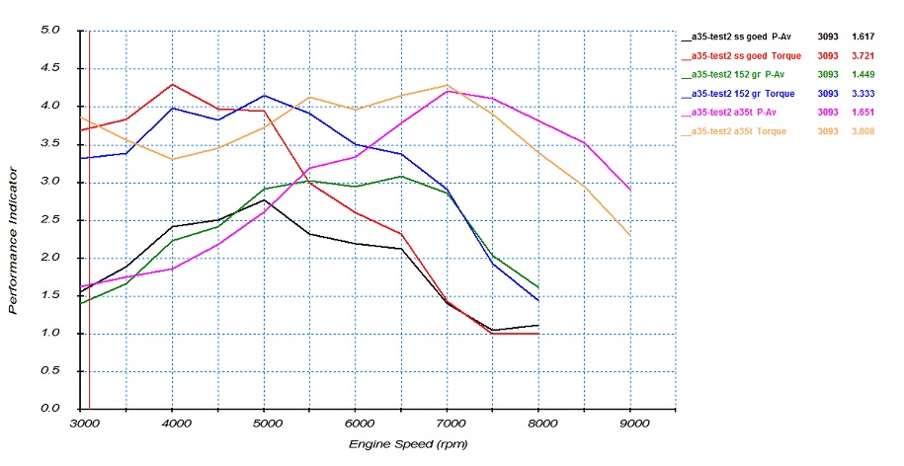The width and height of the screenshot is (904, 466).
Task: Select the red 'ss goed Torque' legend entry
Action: [745, 55]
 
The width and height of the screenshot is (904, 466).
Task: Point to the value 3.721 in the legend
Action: [865, 55]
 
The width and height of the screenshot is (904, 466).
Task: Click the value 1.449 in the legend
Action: [865, 74]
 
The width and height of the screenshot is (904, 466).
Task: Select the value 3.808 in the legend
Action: [865, 130]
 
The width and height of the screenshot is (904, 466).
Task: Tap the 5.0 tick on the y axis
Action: [49, 30]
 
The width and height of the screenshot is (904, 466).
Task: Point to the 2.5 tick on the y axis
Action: [49, 219]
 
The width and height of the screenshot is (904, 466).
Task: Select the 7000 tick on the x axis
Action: [449, 423]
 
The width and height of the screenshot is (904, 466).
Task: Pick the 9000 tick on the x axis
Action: [632, 423]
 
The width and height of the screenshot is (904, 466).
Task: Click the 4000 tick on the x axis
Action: [172, 423]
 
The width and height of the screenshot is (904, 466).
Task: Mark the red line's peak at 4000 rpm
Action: [172, 84]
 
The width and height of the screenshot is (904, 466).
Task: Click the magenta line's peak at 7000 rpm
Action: [449, 91]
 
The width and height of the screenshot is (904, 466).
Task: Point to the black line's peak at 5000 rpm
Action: [264, 199]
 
